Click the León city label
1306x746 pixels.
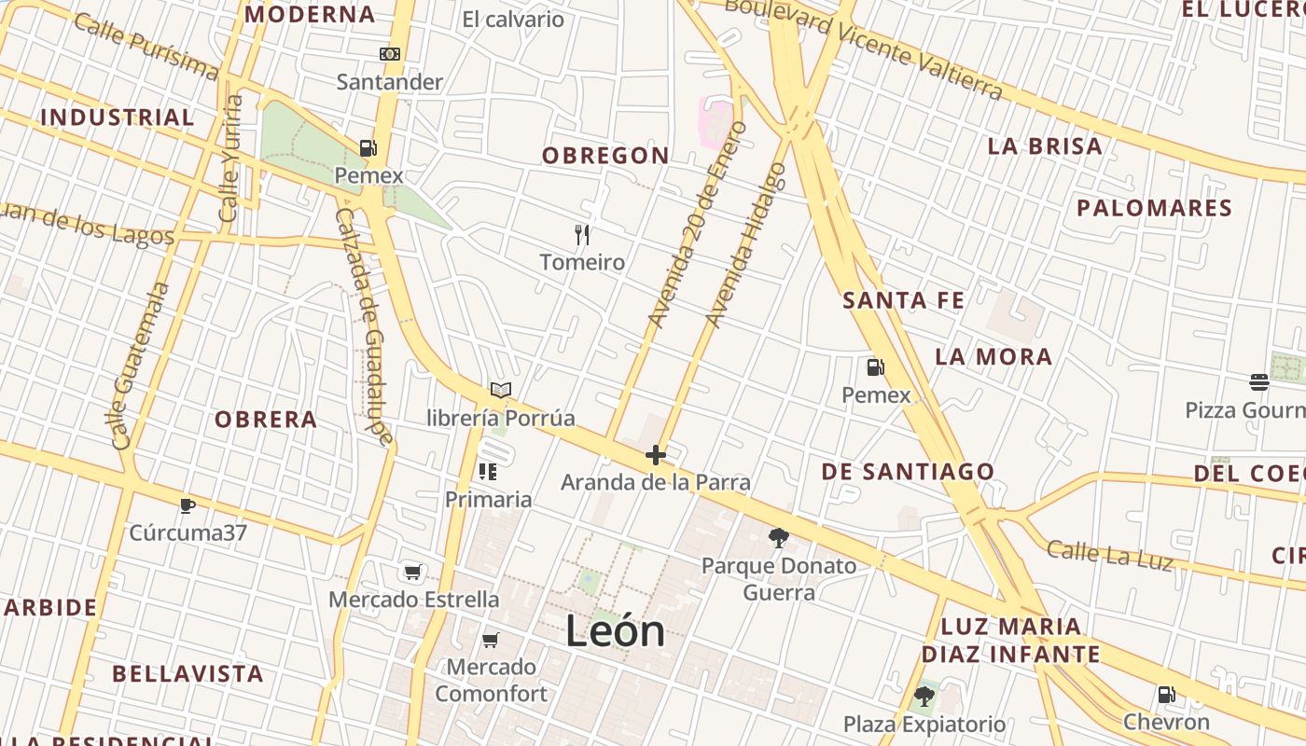coord(615,632)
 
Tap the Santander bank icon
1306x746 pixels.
coord(390,55)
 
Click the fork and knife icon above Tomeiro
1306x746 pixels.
coord(582,234)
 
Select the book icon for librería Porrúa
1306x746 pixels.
coord(501,390)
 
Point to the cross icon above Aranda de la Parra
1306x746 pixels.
coord(656,455)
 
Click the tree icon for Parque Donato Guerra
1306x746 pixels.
coord(778,537)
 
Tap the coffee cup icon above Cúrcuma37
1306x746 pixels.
coord(188,505)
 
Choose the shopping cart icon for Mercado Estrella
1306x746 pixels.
coord(412,571)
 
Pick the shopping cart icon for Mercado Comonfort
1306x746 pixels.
coord(491,640)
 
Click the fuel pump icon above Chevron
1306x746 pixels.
coord(1166,695)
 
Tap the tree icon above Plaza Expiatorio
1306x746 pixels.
coord(924,696)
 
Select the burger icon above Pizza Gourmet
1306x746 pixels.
coord(1259,381)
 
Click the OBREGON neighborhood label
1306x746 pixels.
coord(605,156)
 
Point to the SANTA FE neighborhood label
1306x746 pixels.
coord(903,300)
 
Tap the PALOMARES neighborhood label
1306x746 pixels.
coord(1154,208)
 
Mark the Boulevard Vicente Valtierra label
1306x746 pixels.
coord(863,47)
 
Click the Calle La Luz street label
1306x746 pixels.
coord(1108,553)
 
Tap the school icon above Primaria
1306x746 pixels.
coord(487,472)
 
